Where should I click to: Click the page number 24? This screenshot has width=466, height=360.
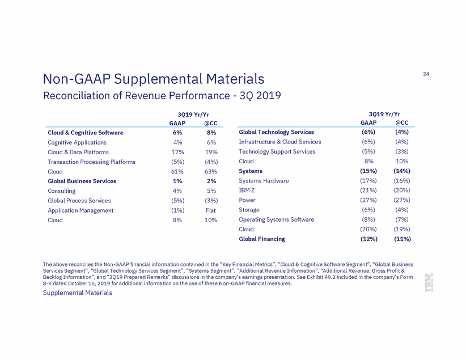[426, 74]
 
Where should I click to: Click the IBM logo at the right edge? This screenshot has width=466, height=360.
[429, 282]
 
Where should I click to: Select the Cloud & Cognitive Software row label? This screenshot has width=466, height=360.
[86, 133]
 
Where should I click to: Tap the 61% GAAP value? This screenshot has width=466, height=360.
[177, 172]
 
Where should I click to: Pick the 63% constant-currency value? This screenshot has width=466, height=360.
[211, 172]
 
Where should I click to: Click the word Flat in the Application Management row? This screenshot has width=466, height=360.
[211, 210]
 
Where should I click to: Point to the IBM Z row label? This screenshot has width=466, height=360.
[247, 190]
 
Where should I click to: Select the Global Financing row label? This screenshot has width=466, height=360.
[262, 239]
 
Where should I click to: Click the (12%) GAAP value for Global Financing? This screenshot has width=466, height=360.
[369, 239]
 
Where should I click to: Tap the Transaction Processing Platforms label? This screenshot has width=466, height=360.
[91, 162]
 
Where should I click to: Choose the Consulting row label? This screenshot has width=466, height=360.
[62, 191]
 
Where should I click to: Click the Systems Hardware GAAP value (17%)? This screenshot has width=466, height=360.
[368, 181]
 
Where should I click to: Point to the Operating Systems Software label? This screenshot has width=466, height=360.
[277, 220]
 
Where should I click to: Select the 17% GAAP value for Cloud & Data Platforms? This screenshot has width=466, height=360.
[177, 152]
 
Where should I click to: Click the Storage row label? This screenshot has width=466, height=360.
[249, 210]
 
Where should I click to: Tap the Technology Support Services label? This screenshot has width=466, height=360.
[277, 151]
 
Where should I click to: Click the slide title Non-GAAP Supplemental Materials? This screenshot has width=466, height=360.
[154, 79]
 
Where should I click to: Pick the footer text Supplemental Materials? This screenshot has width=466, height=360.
[78, 293]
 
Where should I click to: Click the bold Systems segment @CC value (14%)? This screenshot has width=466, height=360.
[402, 171]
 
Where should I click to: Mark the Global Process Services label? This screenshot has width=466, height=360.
[79, 201]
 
